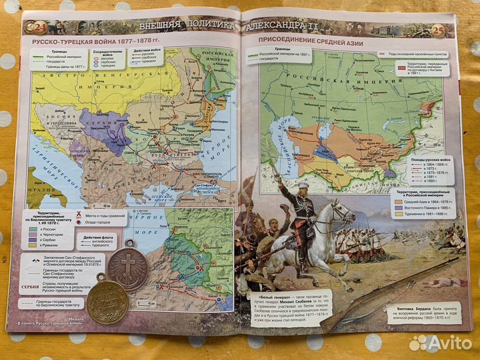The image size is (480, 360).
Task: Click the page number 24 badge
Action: click(x=32, y=27)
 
